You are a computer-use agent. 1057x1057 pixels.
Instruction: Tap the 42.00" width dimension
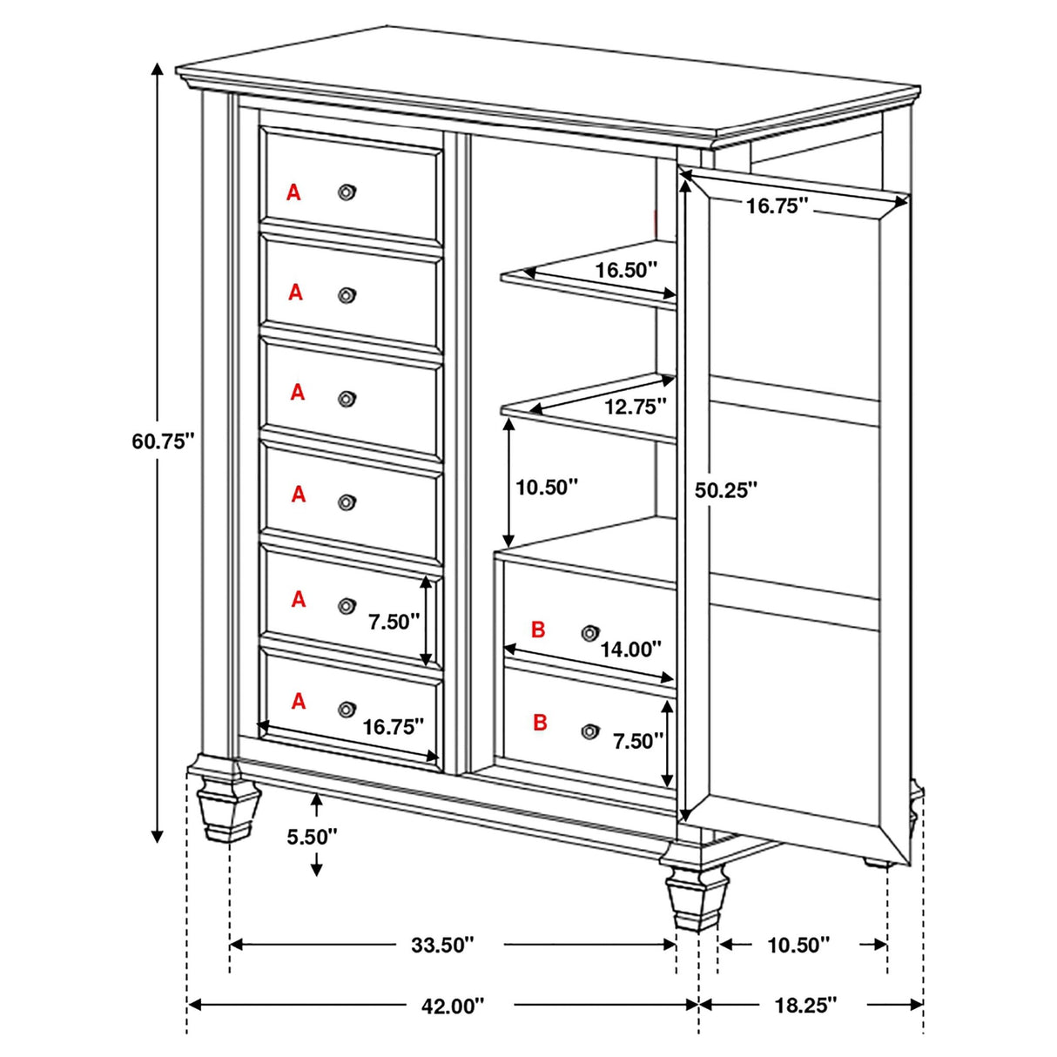coord(452,1006)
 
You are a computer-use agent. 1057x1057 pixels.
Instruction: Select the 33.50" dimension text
coord(443,945)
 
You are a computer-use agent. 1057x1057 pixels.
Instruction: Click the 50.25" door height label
coord(726,490)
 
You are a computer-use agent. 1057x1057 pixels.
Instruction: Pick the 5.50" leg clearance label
coord(312,837)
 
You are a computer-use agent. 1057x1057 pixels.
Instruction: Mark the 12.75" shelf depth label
coord(636,407)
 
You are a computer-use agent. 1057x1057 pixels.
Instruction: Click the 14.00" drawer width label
coord(631,649)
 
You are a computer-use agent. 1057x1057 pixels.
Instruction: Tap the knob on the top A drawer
coord(347,192)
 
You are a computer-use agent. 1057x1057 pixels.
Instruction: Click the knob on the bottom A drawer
coord(347,709)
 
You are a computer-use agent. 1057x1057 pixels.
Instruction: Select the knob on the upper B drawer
coord(590,632)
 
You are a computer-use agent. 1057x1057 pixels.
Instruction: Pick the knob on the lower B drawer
coord(590,730)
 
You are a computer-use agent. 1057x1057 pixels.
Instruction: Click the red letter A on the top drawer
coord(293,192)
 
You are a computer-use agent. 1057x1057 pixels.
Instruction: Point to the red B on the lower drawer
coord(540,722)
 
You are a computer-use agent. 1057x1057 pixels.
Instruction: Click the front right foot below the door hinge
coord(696,897)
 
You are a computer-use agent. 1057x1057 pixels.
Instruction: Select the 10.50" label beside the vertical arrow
coord(547,488)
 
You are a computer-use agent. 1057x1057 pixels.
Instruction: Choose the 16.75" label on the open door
coord(778,206)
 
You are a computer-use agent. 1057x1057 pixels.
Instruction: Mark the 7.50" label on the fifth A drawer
coord(394,622)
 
